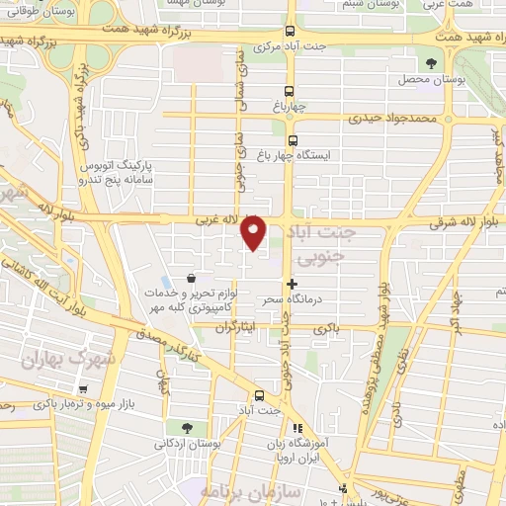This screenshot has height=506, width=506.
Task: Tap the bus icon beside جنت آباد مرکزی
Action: click(290, 32)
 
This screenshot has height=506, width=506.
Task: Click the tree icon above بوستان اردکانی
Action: click(185, 427)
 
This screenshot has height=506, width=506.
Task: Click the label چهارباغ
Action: click(290, 102)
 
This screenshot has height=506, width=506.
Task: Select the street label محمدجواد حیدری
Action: click(391, 118)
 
